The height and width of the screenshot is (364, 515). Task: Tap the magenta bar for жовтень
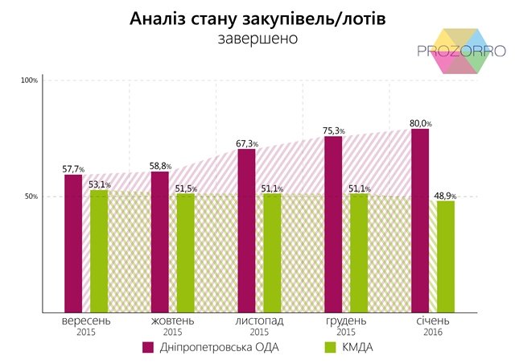pos(160,242)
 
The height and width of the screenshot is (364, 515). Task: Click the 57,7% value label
pos(73,169)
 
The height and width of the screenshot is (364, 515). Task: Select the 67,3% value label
pos(247,143)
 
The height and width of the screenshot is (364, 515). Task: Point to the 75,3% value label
pos(334,130)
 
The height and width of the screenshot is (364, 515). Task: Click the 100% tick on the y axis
pos(30,81)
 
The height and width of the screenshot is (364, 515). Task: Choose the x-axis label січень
pos(432,321)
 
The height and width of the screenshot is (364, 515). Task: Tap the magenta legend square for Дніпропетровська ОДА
pos(148,347)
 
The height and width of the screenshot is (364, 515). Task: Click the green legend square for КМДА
pos(328,347)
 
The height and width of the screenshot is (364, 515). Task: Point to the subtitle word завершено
pos(257,38)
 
